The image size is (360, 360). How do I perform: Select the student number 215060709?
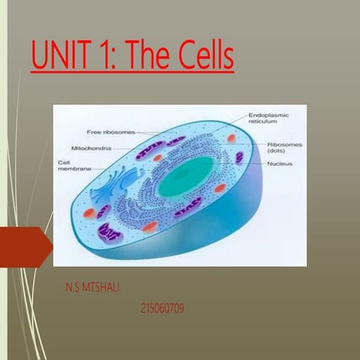pyautogui.click(x=163, y=307)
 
